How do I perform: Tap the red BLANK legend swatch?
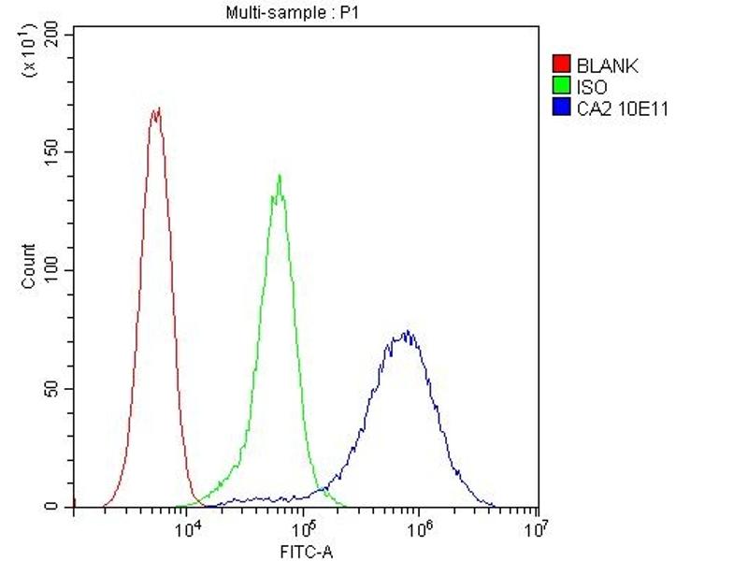click(x=562, y=65)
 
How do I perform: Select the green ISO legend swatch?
click(x=562, y=87)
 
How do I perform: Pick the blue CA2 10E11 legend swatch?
click(x=562, y=108)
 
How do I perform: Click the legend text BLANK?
click(x=607, y=65)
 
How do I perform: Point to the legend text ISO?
click(x=592, y=87)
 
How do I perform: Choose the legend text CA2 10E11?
click(x=623, y=109)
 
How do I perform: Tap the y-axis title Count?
click(x=29, y=266)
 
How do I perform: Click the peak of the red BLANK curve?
click(x=156, y=109)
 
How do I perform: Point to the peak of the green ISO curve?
click(x=279, y=176)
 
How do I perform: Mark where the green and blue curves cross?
click(x=324, y=486)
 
